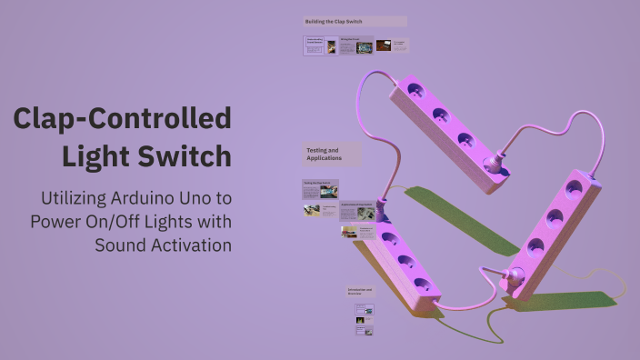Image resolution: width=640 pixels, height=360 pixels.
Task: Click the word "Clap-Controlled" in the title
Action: [123, 120]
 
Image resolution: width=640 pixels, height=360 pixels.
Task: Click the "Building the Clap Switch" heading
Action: [334, 21]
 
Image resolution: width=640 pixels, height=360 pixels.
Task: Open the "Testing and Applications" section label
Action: [323, 154]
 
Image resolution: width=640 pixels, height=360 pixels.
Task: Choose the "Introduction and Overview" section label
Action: [359, 293]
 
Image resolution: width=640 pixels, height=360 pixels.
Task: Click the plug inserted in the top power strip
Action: [495, 165]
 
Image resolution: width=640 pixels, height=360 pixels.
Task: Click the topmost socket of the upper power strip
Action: [416, 90]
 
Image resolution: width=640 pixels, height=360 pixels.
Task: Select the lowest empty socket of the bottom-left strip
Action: [421, 283]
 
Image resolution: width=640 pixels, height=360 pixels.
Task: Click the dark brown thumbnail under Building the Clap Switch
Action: [384, 45]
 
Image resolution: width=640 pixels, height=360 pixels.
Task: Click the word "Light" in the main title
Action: [101, 156]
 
